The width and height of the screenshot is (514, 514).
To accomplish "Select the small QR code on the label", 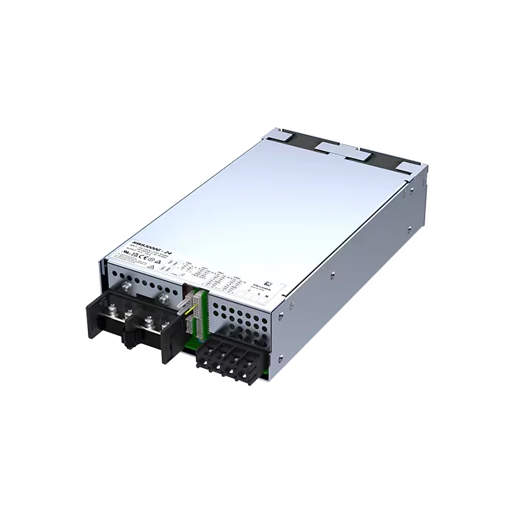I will coord(268,280).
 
